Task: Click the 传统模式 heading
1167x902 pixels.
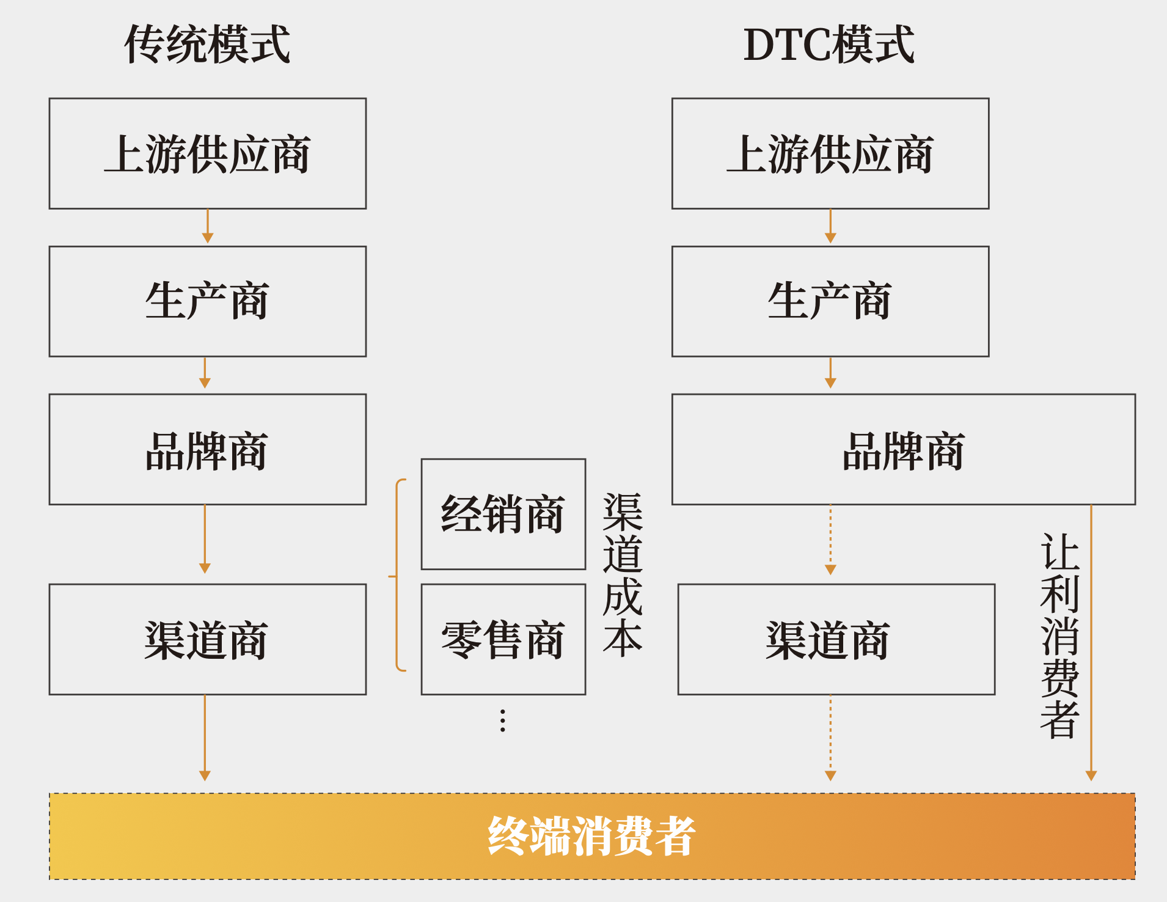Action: (207, 45)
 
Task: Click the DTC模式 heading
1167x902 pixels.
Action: (829, 45)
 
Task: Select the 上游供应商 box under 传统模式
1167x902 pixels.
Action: (208, 153)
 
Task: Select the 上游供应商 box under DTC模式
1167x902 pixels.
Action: (830, 153)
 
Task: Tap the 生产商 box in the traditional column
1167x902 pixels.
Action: (208, 301)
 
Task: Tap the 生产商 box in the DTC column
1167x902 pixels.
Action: (830, 301)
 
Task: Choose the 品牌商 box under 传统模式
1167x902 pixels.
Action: (208, 449)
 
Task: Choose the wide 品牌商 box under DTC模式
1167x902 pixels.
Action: (904, 449)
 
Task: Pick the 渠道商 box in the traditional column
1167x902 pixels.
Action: (208, 639)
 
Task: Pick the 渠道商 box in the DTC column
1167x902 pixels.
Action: (836, 639)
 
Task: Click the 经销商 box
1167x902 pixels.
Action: (503, 514)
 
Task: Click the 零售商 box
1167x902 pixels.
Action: (503, 639)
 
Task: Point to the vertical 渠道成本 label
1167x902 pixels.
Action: (623, 575)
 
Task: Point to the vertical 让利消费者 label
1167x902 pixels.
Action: (1060, 636)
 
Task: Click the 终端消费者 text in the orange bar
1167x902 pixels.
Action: (591, 836)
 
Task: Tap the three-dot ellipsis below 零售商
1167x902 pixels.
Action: (503, 721)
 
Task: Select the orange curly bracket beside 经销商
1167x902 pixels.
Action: (397, 575)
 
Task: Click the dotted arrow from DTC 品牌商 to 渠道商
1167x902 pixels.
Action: (830, 540)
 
